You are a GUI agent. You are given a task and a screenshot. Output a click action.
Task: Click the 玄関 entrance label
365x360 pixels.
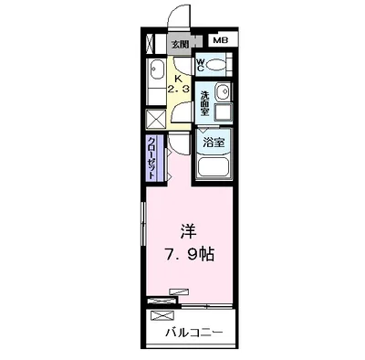tap(180, 44)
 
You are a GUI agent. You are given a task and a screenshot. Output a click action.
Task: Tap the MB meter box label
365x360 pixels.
tap(220, 41)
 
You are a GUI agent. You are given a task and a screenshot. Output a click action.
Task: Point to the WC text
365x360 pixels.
tap(200, 65)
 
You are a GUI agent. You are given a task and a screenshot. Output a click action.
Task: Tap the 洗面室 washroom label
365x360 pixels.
tap(204, 100)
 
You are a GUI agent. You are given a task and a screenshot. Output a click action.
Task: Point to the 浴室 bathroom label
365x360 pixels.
tap(214, 143)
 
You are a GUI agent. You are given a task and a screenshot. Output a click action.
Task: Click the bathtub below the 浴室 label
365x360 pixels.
tap(214, 167)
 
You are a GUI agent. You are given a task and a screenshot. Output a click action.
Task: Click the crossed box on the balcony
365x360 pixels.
tap(162, 315)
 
